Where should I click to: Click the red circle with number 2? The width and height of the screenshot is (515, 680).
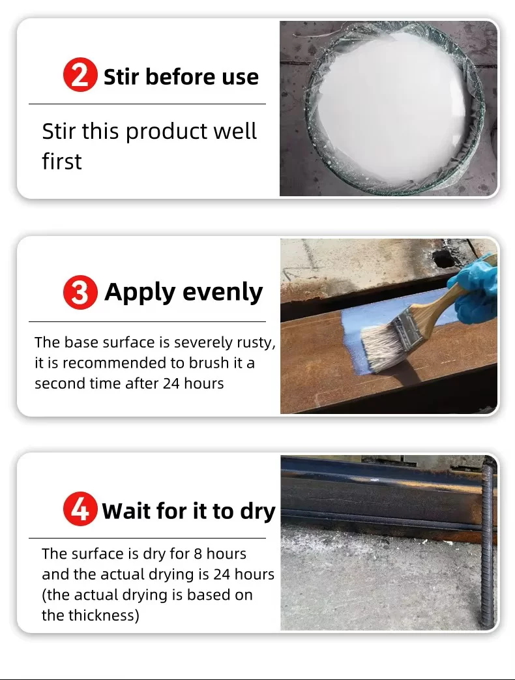(x=80, y=75)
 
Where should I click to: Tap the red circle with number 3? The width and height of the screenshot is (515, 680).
(x=80, y=292)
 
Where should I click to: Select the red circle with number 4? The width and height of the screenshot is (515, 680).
(x=80, y=509)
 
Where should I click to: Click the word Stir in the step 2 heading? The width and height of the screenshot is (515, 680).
(x=122, y=76)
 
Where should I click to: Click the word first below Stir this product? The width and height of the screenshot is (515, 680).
(x=61, y=161)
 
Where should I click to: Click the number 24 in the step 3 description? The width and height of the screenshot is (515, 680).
(x=171, y=383)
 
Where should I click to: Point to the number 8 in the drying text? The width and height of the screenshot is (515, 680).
(x=198, y=554)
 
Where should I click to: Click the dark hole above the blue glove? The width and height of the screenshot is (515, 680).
(x=445, y=259)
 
